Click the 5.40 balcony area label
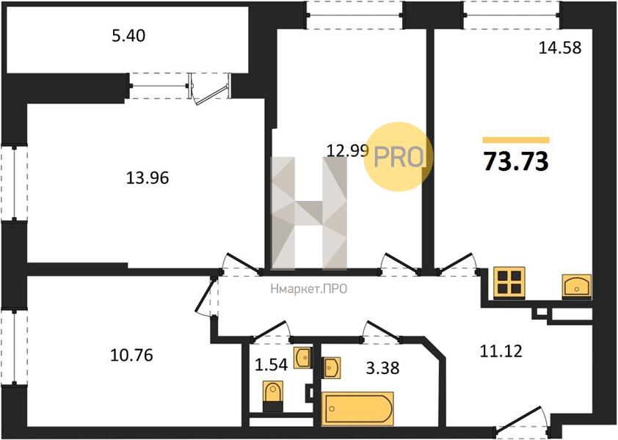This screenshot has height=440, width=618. [128, 36]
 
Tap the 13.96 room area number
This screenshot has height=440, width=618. [148, 178]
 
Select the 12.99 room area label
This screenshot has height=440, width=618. [348, 150]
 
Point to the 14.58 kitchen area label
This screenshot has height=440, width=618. [560, 48]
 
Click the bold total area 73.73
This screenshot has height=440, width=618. [516, 161]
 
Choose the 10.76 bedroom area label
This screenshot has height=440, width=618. [131, 356]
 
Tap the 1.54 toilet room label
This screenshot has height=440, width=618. [271, 365]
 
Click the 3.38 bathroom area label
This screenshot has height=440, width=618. [382, 368]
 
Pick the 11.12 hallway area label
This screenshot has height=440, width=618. [501, 351]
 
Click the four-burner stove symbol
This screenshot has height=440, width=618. [509, 282]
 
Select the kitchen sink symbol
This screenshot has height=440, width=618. [577, 285]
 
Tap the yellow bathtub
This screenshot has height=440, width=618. [357, 409]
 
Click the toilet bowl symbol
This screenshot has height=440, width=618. [273, 396]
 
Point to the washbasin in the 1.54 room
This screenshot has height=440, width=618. [302, 358]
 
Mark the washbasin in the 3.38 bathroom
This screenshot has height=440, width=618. [331, 367]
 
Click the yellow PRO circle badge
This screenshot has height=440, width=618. [398, 157]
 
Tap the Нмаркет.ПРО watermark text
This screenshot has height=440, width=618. [309, 289]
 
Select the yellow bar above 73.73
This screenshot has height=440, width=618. [516, 140]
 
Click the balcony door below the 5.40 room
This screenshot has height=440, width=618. [211, 89]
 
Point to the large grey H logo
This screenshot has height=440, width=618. [310, 213]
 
